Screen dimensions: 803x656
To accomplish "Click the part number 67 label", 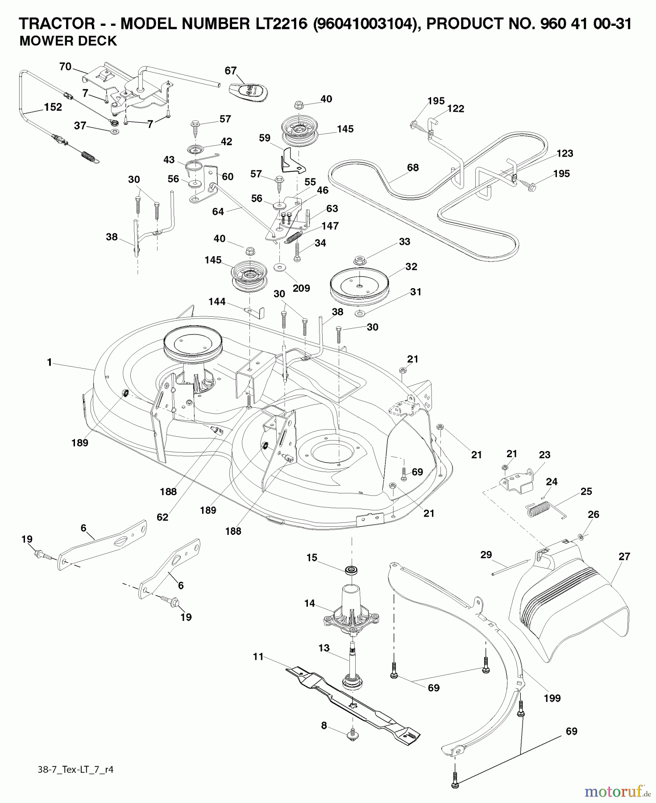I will click(230, 70).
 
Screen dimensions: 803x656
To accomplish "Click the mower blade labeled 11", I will click(353, 700).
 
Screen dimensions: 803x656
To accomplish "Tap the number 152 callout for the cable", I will click(53, 108).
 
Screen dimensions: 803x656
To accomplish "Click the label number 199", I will click(552, 698).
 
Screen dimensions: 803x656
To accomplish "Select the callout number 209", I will click(301, 288).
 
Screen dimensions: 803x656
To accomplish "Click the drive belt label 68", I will click(413, 168).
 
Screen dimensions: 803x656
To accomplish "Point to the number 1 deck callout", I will click(49, 363).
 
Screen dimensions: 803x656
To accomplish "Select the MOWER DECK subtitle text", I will click(68, 41).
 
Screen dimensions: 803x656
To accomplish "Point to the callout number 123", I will click(565, 153).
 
